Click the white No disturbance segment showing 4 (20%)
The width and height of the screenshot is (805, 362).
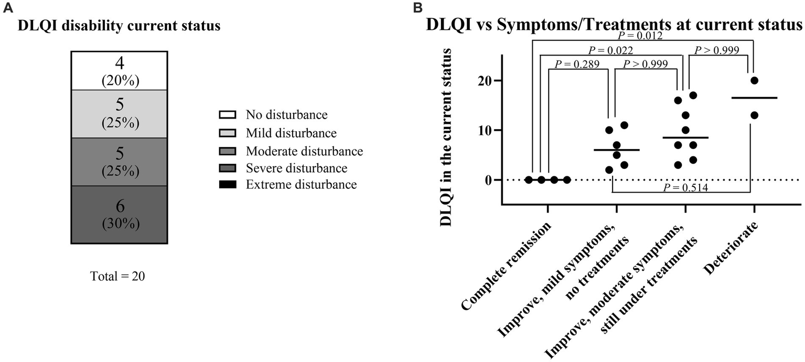tap(119, 70)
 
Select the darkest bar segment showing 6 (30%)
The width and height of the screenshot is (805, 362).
tap(119, 214)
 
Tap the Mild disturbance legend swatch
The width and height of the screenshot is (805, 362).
tap(228, 132)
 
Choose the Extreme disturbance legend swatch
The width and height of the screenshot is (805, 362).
tap(228, 185)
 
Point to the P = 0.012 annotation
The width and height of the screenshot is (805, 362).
tap(640, 36)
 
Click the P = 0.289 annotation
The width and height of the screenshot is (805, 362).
tap(577, 64)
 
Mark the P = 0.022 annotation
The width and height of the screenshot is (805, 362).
tap(610, 50)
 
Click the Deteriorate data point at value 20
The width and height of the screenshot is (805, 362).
tap(755, 80)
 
